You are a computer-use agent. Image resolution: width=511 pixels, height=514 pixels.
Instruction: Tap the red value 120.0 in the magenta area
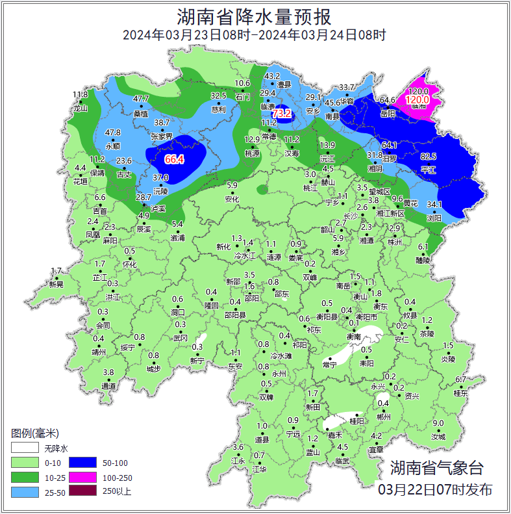click(418, 100)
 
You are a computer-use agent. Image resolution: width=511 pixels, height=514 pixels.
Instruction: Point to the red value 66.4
click(174, 159)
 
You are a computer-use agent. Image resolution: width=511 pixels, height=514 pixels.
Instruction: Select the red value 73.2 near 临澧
click(282, 114)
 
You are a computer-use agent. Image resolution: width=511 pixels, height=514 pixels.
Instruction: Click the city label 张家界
click(162, 136)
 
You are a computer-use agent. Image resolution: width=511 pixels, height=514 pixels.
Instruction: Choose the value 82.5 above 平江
click(429, 157)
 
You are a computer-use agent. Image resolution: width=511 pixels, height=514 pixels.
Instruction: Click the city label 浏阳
click(434, 218)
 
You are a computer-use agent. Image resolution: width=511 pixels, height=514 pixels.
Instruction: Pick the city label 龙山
click(81, 109)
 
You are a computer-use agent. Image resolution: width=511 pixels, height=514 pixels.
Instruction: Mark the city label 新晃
click(56, 284)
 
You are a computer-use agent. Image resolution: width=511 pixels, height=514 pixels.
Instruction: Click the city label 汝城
click(438, 437)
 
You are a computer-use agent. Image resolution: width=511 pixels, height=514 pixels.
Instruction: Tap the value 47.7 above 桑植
click(141, 99)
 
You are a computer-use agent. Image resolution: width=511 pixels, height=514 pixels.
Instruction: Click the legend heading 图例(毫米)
click(35, 433)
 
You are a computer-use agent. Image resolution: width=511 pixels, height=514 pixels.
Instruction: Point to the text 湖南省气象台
click(437, 467)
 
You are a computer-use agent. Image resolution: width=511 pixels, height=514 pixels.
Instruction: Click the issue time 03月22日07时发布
click(435, 489)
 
